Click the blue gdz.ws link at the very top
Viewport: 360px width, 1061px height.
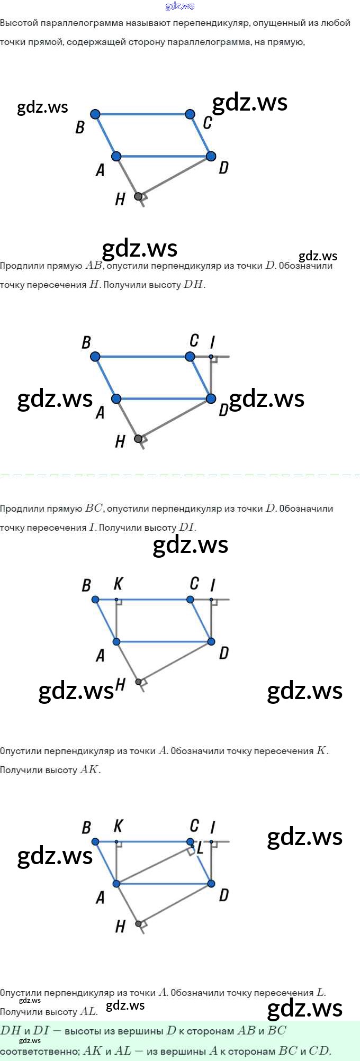point(180,6)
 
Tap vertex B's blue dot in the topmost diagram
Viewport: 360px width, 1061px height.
point(95,114)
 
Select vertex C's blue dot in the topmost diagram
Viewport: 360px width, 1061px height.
point(190,114)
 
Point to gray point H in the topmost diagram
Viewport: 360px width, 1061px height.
point(138,196)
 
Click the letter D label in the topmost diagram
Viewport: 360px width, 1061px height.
point(224,168)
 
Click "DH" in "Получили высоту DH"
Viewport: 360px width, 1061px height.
point(193,285)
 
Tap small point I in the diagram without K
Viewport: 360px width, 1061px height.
point(211,357)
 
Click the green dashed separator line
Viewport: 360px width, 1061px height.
point(180,475)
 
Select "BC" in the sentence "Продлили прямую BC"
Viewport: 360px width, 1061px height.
point(94,509)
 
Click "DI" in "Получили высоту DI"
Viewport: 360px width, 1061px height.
point(187,528)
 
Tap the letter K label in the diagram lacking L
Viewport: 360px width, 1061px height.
point(118,584)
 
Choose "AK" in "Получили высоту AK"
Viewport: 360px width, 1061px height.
point(89,770)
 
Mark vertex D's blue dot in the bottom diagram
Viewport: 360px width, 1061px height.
point(211,884)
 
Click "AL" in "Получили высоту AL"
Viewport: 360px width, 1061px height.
point(88,1012)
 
